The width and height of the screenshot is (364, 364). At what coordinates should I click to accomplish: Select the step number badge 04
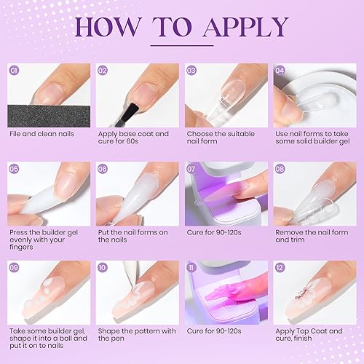click(280, 71)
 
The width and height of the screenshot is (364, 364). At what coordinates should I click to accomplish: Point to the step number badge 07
click(191, 167)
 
